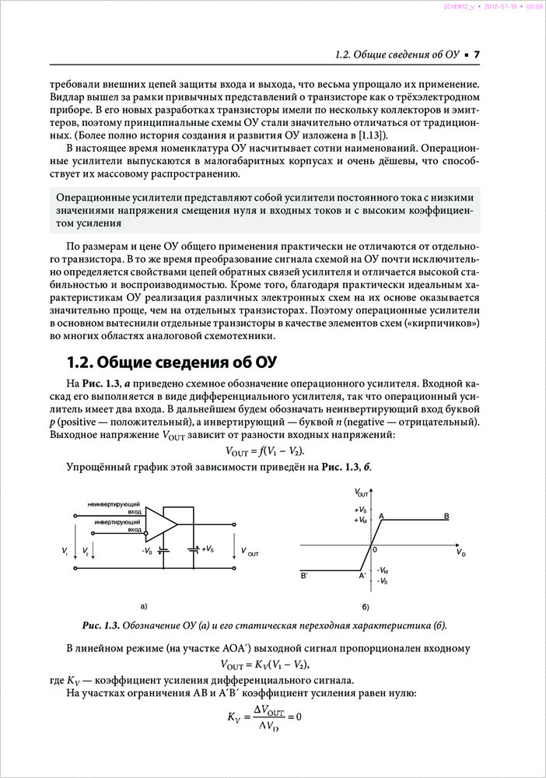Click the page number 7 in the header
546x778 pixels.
477,54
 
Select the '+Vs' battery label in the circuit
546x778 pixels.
208,549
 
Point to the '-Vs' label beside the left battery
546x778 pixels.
146,551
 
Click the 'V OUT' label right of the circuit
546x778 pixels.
250,552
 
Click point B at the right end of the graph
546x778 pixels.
446,516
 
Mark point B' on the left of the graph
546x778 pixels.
304,576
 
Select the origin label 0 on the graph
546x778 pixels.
374,549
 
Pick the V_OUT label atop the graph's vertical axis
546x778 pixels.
362,493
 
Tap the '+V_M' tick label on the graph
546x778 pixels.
361,519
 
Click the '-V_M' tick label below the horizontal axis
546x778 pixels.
383,570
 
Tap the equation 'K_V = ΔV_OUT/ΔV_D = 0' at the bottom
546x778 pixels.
264,717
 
